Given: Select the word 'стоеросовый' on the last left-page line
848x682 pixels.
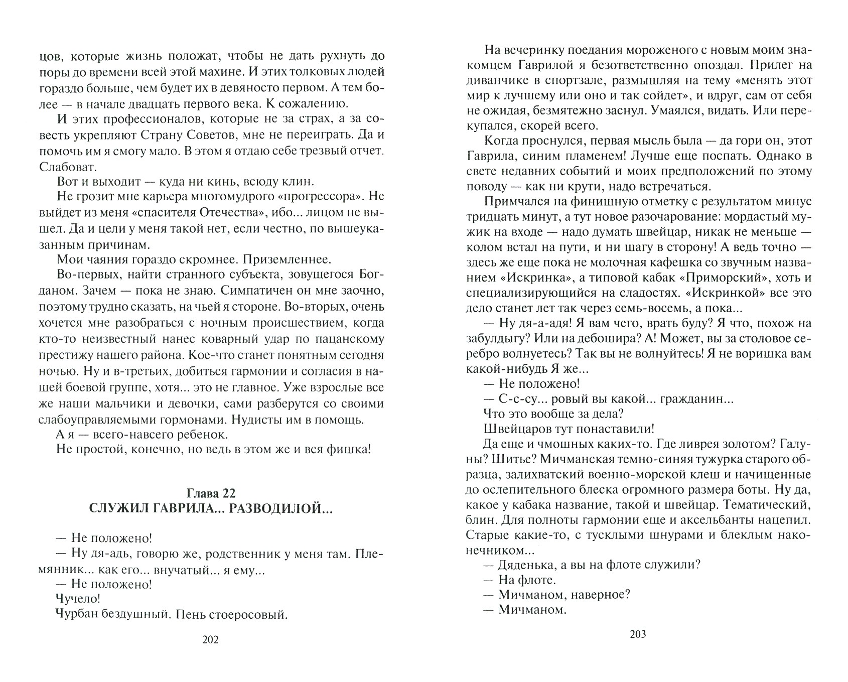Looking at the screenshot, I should pos(250,614).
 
